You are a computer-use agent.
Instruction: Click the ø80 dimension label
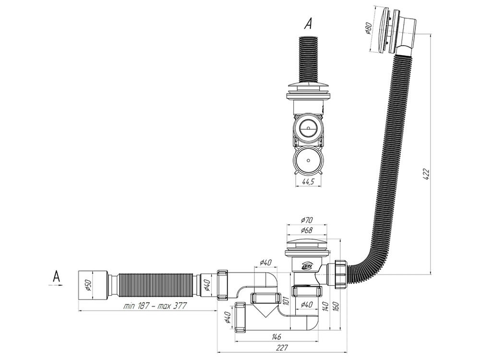click(369, 29)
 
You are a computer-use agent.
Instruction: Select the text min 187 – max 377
click(155, 306)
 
